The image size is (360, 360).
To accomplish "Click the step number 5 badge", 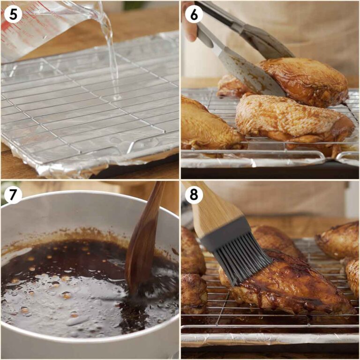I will (13, 14).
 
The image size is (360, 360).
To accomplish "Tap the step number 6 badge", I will (194, 14).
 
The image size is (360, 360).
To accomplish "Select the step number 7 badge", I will (13, 195).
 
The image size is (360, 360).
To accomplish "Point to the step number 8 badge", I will (194, 195).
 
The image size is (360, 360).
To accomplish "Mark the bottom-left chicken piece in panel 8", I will (193, 293).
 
